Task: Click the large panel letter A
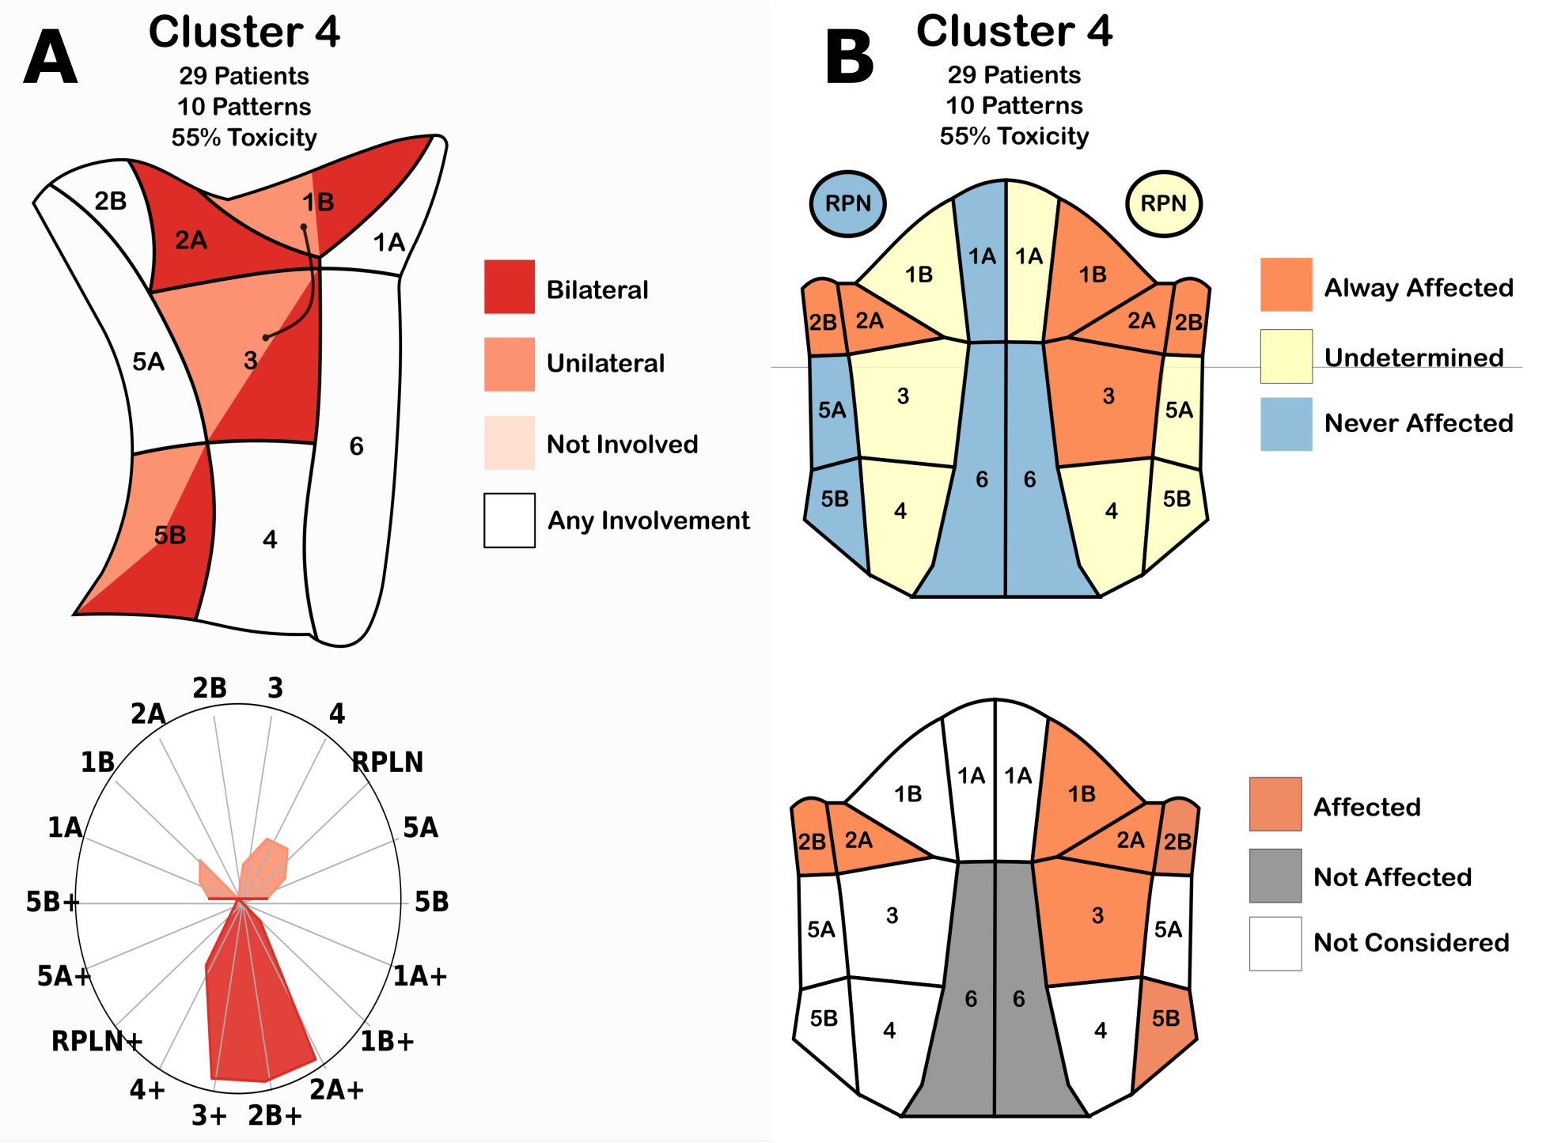51,57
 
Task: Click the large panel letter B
849,57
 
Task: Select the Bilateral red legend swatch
509,286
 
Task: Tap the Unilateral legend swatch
509,364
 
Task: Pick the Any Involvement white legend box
509,520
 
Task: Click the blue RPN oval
847,204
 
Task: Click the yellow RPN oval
1163,204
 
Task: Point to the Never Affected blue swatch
1286,424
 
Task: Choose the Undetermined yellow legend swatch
1286,356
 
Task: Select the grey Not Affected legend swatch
1275,876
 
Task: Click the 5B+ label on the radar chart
52,902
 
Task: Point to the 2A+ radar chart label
336,1090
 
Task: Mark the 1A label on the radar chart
65,827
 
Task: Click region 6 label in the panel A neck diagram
356,446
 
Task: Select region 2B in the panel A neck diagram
110,202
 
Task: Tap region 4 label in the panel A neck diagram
270,539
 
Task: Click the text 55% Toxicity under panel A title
244,138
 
